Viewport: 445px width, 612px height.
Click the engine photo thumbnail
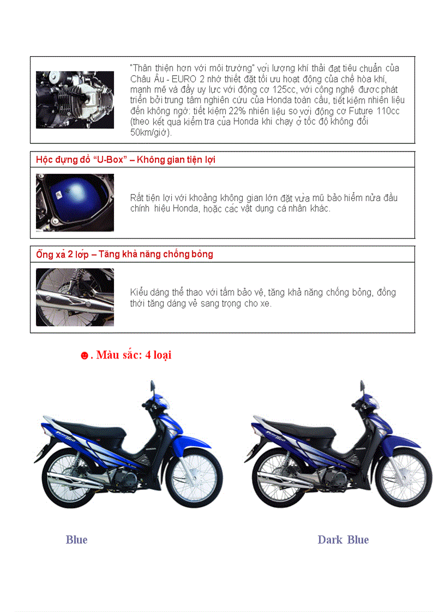(x=75, y=100)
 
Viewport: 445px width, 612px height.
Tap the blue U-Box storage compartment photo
(x=75, y=202)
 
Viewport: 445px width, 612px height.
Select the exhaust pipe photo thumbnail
(x=75, y=297)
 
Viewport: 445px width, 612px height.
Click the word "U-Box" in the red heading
(x=104, y=160)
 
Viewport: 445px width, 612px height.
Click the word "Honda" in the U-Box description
(x=185, y=208)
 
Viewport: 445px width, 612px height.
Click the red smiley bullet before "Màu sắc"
(x=85, y=356)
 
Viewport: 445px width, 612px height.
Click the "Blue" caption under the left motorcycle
(x=76, y=540)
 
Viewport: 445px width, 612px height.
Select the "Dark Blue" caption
(x=343, y=540)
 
